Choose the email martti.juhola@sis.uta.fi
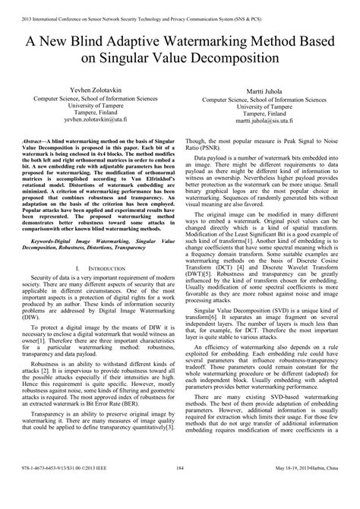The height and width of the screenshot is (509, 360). (267, 124)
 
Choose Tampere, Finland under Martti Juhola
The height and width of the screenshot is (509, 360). (267, 116)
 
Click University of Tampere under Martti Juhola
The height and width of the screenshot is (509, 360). (267, 109)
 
